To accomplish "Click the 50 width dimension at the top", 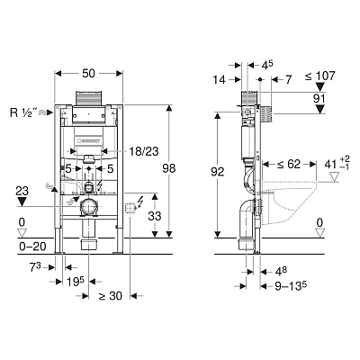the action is [88, 73].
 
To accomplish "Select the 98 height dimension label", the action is [169, 168].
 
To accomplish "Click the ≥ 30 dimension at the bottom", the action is [110, 296].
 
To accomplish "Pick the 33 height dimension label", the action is [155, 216].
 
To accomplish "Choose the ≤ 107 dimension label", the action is [320, 76].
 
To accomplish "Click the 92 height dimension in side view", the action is [217, 172].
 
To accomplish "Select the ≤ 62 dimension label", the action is [289, 164].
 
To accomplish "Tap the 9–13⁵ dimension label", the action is [291, 286].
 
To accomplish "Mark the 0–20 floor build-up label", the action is [32, 247].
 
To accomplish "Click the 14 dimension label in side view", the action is [219, 80].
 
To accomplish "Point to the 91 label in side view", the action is [319, 99].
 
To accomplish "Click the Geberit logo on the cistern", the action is [89, 141].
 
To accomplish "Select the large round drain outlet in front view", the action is [88, 206].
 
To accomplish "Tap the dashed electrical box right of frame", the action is [130, 208].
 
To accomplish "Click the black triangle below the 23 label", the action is [22, 202].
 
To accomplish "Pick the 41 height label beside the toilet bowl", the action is [330, 165].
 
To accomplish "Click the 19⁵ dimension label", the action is [76, 282].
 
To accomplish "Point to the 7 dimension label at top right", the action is [288, 80].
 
